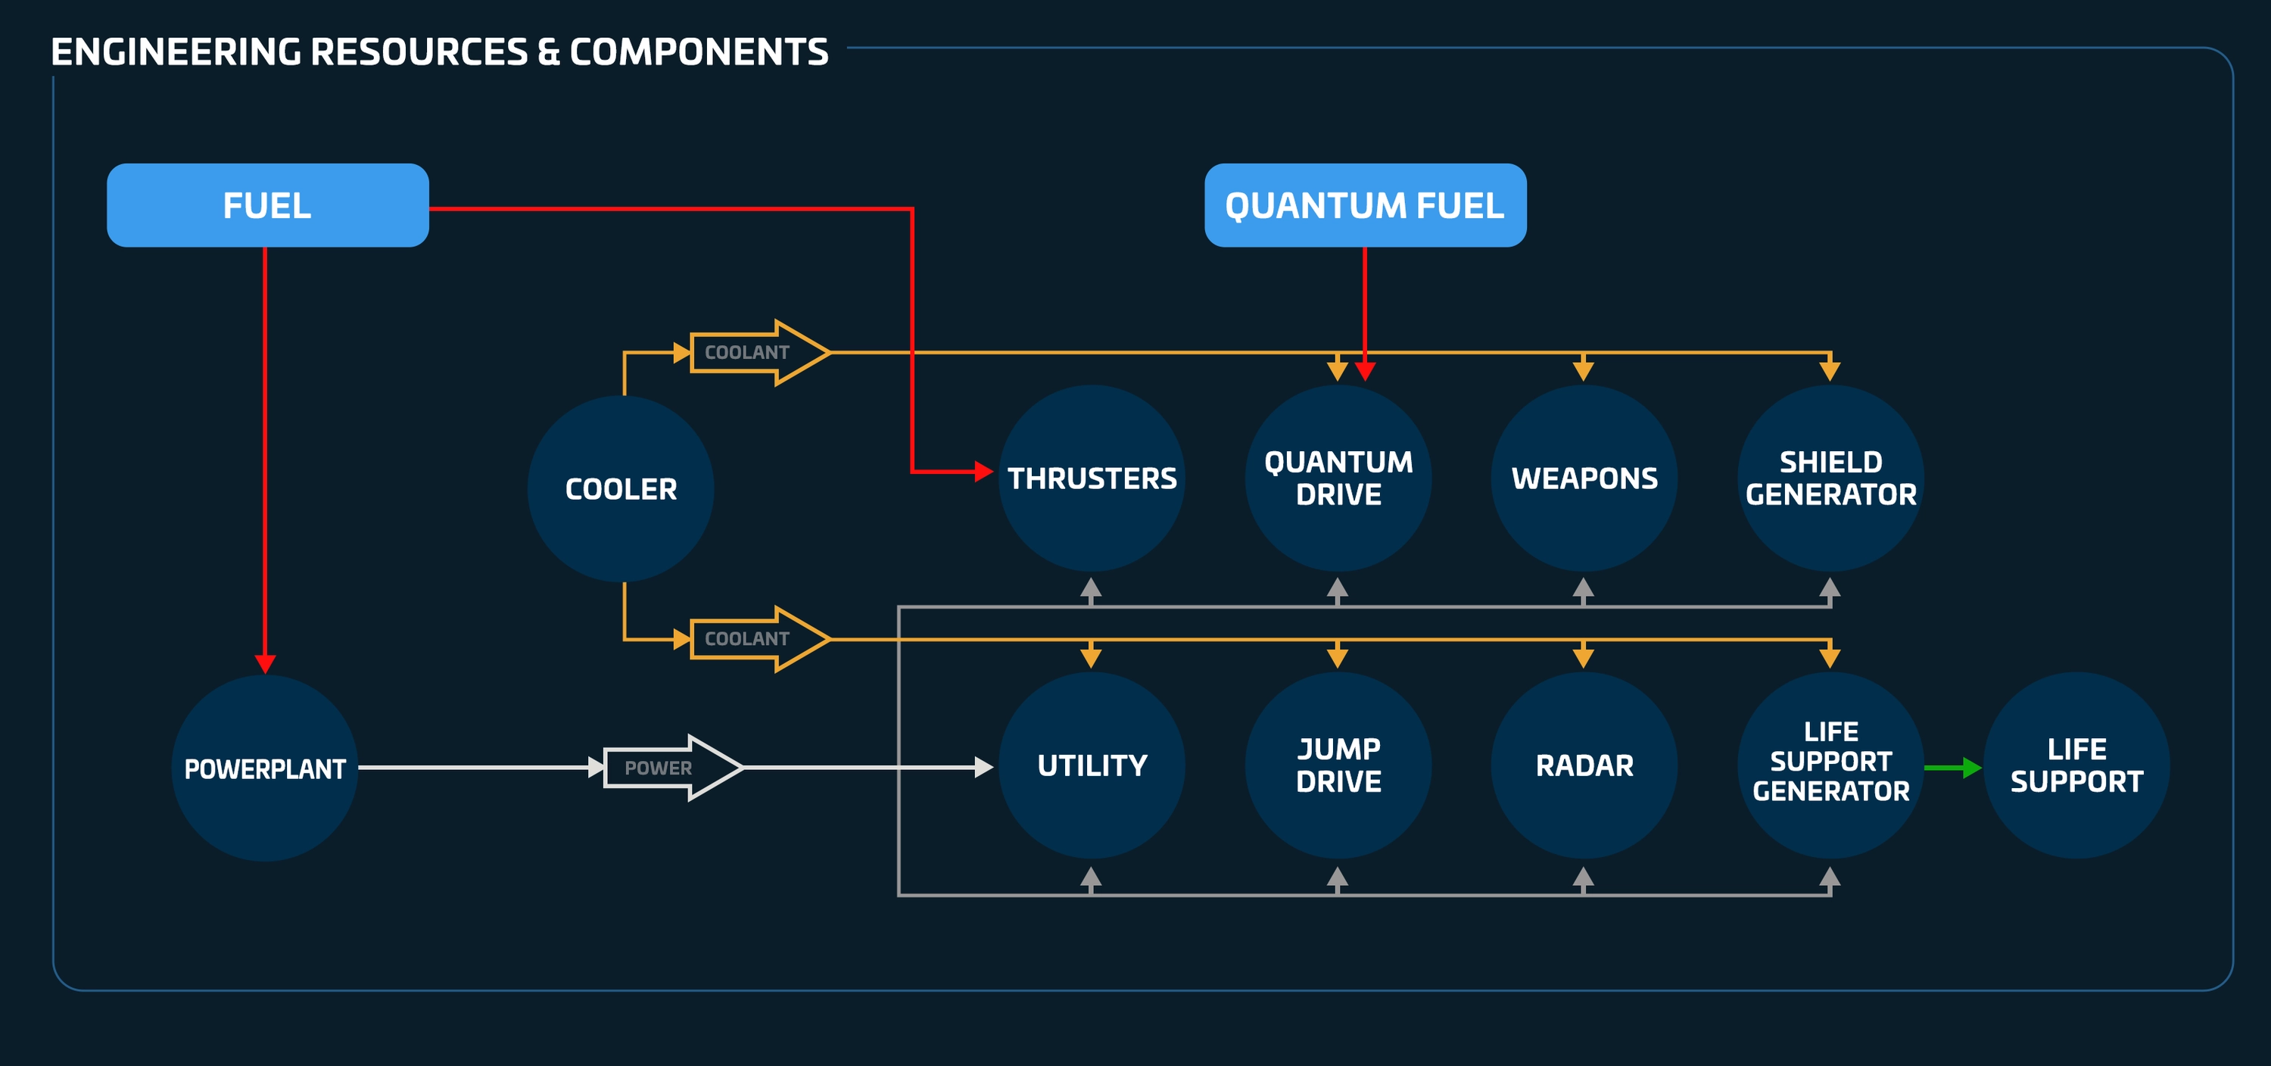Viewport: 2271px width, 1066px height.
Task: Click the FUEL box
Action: click(267, 205)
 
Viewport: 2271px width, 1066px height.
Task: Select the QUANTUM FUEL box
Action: click(1365, 205)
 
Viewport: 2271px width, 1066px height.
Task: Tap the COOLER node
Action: click(621, 489)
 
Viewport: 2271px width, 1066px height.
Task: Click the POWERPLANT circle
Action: click(264, 768)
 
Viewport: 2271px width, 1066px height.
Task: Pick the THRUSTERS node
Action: click(1092, 478)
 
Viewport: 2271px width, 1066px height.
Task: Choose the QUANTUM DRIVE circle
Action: click(1338, 478)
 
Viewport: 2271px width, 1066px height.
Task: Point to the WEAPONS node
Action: click(1584, 478)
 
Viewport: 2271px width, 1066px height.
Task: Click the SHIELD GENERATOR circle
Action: click(1830, 478)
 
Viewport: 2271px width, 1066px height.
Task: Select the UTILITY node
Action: click(1092, 765)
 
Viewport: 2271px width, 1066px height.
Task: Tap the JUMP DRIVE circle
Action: click(1338, 765)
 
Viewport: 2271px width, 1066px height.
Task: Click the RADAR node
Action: click(1584, 765)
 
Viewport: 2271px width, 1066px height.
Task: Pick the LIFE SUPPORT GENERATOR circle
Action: click(1830, 765)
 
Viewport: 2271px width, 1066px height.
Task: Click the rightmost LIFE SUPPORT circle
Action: click(2076, 765)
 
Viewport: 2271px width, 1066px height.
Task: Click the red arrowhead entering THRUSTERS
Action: click(983, 472)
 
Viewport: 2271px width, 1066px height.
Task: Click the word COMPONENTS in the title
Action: click(698, 52)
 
